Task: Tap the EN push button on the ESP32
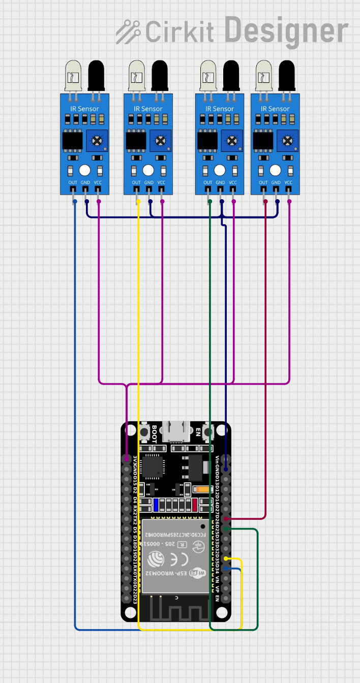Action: coord(207,432)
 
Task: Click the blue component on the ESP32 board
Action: coord(156,505)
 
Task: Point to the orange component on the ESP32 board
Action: coord(202,489)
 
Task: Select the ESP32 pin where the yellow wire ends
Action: coord(226,558)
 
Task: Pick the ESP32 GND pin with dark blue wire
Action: coord(226,469)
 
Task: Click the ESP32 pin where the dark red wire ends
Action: coord(226,518)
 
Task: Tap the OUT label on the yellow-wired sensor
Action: coord(136,183)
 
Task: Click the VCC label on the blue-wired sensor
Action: coord(98,183)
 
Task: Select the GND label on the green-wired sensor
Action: coord(220,183)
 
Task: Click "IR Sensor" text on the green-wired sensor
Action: coord(220,109)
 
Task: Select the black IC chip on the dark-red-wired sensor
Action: coord(263,140)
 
